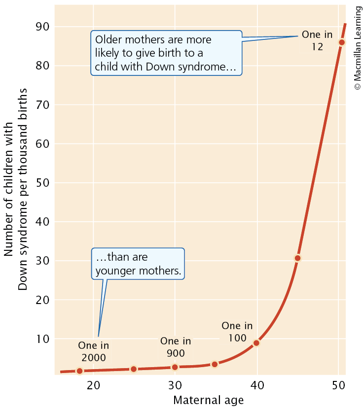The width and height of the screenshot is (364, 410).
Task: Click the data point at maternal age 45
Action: [297, 258]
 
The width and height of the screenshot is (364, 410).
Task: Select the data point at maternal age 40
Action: [256, 343]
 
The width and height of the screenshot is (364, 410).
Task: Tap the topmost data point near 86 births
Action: [342, 42]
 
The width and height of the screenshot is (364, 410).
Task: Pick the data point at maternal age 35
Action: [215, 364]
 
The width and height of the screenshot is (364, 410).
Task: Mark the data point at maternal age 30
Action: [175, 367]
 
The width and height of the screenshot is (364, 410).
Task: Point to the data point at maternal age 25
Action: [133, 369]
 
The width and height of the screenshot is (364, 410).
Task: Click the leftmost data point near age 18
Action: [79, 371]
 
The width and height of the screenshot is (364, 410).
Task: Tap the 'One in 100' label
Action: [237, 332]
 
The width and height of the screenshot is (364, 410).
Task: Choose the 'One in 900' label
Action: [176, 347]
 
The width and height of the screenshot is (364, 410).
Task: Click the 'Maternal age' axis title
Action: [208, 400]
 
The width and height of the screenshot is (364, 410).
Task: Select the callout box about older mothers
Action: [166, 53]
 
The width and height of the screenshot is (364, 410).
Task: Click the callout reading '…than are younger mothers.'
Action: [138, 264]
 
